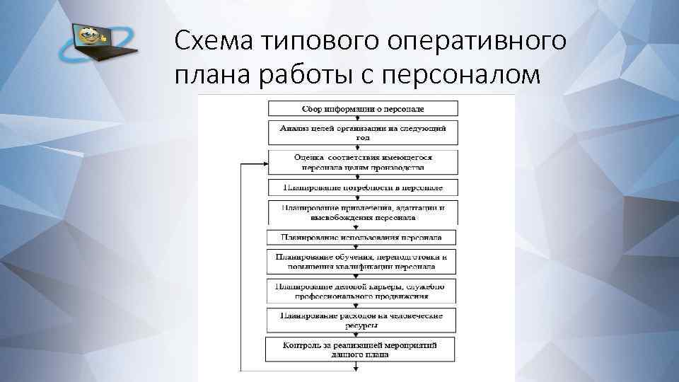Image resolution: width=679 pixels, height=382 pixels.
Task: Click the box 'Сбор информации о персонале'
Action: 362,109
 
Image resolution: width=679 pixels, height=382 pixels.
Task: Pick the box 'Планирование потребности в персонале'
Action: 362,188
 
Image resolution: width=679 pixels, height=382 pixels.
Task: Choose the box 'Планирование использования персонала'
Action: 362,238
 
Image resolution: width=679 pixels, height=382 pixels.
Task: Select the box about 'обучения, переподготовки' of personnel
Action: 362,262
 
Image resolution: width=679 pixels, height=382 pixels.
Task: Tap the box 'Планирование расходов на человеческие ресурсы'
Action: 362,320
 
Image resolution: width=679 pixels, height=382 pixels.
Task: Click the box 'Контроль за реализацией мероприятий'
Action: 362,349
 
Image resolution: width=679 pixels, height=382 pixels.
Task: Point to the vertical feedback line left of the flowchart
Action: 242,269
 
